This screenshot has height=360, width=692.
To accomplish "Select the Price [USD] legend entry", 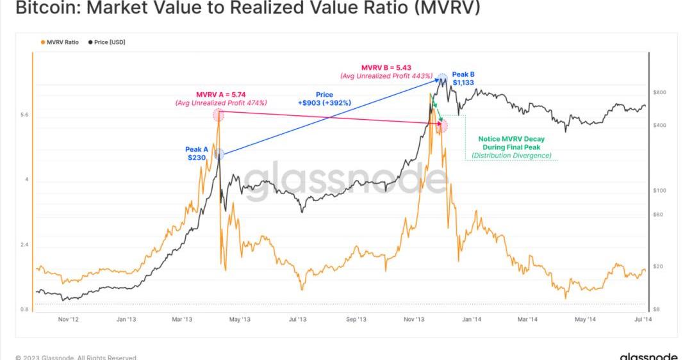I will [x=107, y=42].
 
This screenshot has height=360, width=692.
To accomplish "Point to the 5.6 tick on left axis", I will [x=24, y=115].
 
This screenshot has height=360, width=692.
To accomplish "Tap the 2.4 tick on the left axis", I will [x=24, y=245].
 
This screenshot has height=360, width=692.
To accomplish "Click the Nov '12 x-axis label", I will [x=67, y=319].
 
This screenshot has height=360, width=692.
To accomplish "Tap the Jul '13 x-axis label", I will [x=297, y=319].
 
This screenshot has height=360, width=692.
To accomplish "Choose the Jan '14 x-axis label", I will [x=473, y=319].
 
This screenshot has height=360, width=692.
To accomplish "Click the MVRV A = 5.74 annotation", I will [x=221, y=95].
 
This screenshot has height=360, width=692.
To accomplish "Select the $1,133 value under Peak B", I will [x=463, y=82].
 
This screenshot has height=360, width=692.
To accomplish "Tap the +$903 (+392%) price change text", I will [x=324, y=103].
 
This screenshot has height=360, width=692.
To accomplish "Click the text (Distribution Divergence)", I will [x=511, y=156].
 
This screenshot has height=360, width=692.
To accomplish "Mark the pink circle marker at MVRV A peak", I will [x=218, y=115].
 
